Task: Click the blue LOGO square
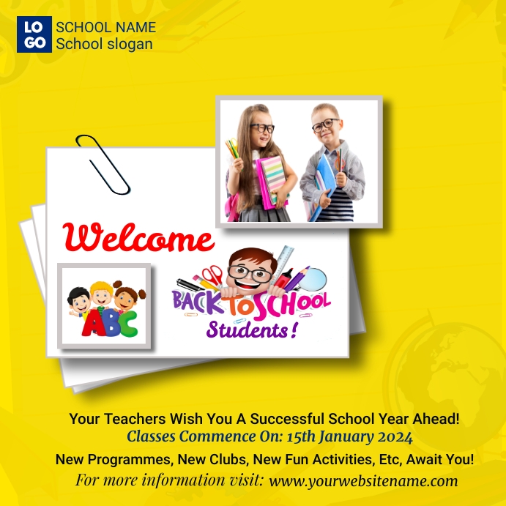coord(34,34)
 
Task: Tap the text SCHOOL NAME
coord(105,27)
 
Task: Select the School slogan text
coord(104,44)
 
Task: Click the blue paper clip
coord(103,163)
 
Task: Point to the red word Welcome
coord(138,239)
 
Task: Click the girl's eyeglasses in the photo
coord(261,128)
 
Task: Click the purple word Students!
coord(251,330)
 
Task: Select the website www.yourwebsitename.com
coord(363,481)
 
